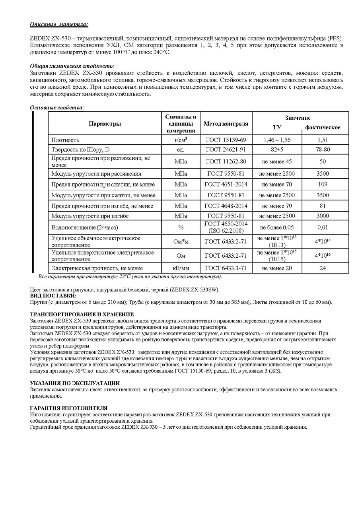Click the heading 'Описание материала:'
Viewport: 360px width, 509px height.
coord(59,24)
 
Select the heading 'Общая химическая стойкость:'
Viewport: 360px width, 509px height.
coord(72,66)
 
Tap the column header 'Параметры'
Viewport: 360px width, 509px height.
coord(105,124)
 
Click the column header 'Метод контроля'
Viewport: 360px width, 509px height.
coord(226,124)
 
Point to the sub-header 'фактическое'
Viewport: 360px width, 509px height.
coord(322,128)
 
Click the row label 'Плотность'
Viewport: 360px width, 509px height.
coord(65,140)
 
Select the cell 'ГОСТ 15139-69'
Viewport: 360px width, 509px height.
coord(226,140)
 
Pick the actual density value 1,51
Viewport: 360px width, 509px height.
coord(322,140)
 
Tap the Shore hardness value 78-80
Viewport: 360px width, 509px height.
coord(322,150)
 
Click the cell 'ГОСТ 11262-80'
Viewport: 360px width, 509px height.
coord(226,161)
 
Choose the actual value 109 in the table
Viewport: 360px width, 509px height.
coord(322,185)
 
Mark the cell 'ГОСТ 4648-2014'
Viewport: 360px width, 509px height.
coord(226,206)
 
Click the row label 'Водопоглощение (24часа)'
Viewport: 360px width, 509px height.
coord(85,227)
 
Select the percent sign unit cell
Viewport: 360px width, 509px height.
coord(181,227)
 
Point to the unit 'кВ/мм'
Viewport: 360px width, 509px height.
coord(181,268)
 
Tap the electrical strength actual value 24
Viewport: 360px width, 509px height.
coord(322,268)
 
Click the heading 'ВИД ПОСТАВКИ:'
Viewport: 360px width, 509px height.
coord(53,296)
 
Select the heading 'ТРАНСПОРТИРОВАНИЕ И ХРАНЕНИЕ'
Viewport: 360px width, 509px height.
coord(82,315)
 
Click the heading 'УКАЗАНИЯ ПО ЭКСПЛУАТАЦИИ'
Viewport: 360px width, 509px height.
coord(75,383)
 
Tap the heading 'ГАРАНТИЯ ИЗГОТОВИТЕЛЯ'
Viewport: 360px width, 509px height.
coord(69,408)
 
